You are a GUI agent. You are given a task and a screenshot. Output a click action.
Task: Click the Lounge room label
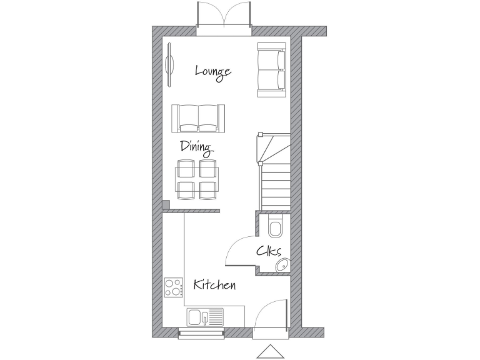tap(213, 71)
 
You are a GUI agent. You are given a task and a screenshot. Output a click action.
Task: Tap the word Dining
tap(196, 148)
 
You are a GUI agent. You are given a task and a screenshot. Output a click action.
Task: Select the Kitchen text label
tap(214, 285)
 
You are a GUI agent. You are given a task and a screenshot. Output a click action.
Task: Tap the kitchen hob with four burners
tap(174, 287)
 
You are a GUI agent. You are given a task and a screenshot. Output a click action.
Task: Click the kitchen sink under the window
tap(204, 317)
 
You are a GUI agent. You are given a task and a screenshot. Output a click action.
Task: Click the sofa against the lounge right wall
tap(272, 69)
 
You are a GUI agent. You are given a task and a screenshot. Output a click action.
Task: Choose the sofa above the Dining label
tap(198, 117)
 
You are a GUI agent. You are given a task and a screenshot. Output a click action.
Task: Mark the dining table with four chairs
tap(197, 179)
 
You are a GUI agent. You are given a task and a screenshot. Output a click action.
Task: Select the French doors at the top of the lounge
tap(224, 16)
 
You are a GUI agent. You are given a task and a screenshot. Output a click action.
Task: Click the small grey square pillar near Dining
tap(166, 204)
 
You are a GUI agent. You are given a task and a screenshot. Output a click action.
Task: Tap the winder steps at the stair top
tap(273, 147)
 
